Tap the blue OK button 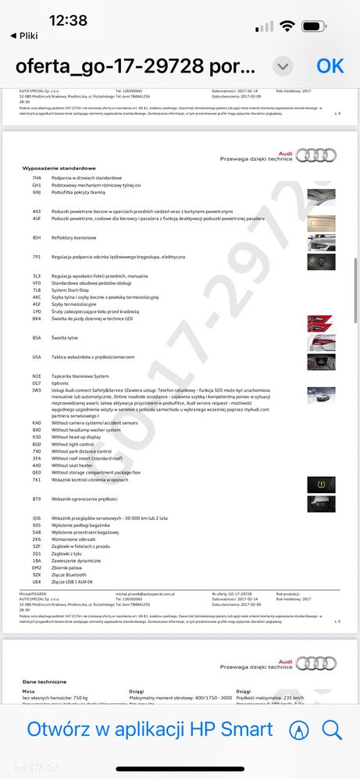[x=330, y=66]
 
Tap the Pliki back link [x=23, y=35]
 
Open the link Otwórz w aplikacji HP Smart [x=150, y=729]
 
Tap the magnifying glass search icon [x=332, y=730]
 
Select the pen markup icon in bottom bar [x=298, y=730]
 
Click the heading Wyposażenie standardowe [x=59, y=168]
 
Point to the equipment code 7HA [x=37, y=178]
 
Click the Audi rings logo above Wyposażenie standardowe [x=315, y=155]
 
